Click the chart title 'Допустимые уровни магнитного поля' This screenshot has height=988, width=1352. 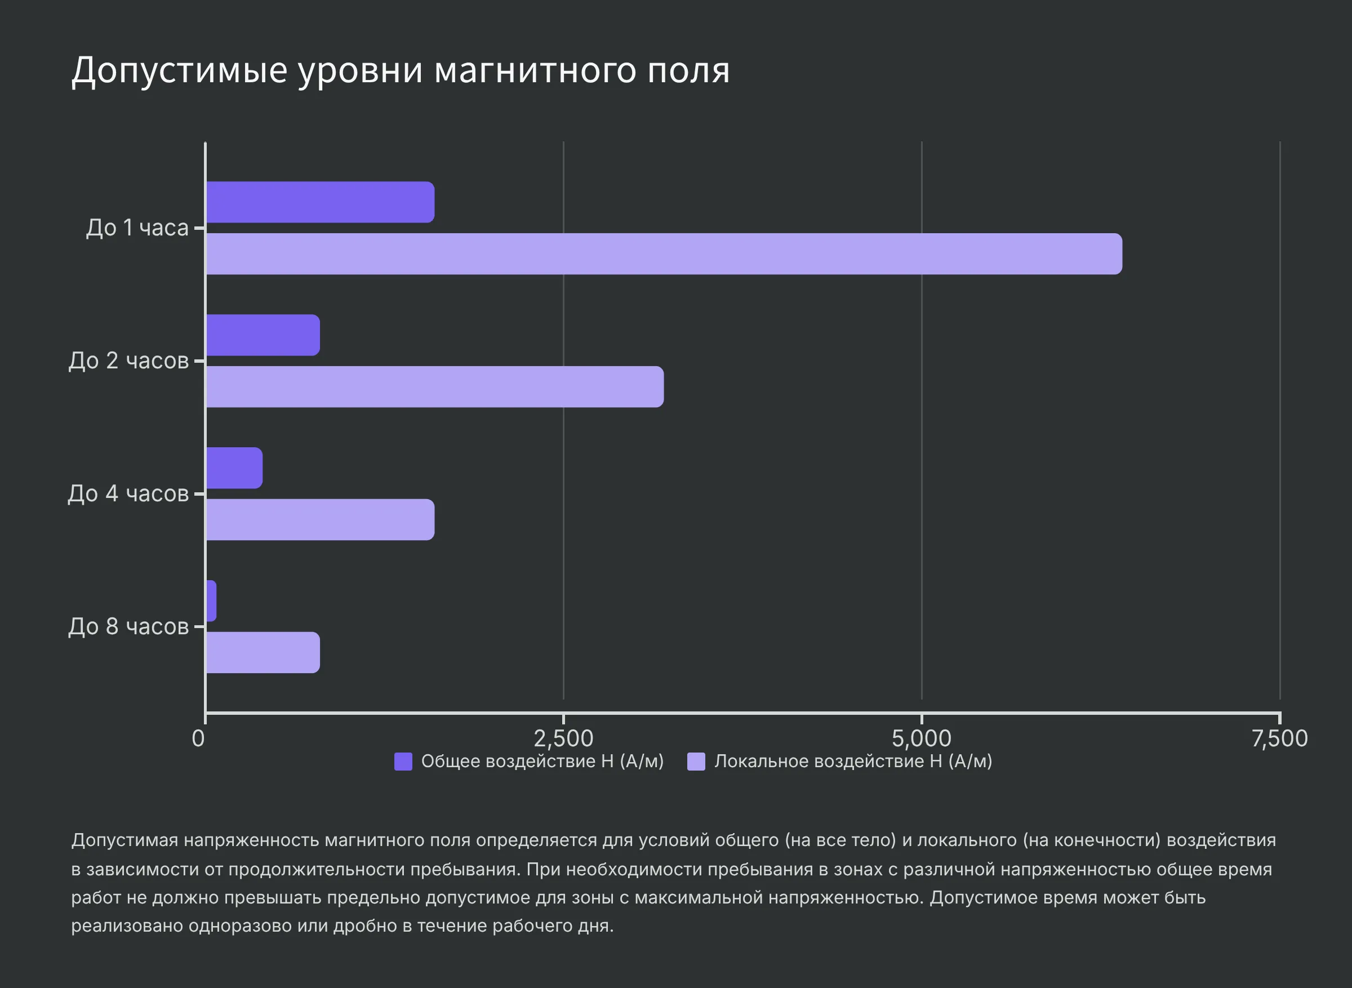pos(400,70)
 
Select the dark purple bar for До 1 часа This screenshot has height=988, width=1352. pos(320,202)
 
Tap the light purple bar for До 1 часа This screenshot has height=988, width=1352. pos(664,254)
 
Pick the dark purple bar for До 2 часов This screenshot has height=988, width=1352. pos(263,335)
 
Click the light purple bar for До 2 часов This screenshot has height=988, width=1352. pos(435,387)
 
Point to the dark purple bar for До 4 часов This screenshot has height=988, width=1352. pos(234,468)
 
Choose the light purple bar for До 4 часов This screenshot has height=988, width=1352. pos(320,520)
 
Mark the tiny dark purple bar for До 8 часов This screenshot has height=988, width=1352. pos(211,600)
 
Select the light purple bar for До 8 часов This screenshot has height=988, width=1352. pos(263,652)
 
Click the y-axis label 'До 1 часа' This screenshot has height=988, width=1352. pos(137,228)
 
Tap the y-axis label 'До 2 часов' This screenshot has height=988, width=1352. pos(128,361)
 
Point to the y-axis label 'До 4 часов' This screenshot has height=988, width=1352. pos(128,493)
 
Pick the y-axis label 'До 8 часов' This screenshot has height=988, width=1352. pos(128,626)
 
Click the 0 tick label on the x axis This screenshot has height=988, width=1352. pos(198,738)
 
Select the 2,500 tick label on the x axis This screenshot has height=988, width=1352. pos(563,738)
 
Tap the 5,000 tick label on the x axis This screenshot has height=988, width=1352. pos(922,738)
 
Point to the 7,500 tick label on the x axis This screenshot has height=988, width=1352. pos(1280,738)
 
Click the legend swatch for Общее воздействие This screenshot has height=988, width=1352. pos(403,762)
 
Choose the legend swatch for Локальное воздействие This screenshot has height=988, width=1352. pos(696,762)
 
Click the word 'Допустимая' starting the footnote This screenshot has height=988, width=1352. pos(124,840)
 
